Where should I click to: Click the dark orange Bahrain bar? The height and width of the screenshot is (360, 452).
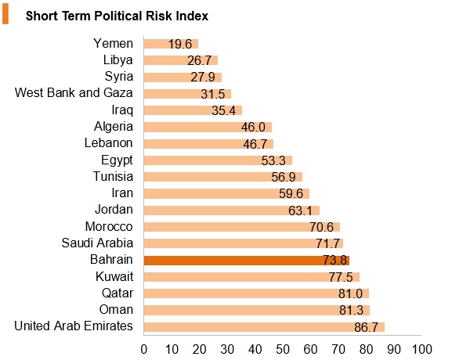(247, 261)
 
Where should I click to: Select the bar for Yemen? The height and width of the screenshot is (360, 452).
(171, 44)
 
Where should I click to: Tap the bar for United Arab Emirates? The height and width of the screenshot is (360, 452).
(264, 327)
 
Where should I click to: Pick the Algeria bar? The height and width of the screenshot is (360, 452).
(208, 127)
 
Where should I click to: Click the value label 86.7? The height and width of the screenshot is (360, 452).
(366, 327)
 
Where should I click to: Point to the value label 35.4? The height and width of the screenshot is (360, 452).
(224, 110)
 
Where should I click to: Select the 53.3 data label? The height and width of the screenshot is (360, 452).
(273, 160)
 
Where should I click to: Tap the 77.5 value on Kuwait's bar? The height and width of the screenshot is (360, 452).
(341, 277)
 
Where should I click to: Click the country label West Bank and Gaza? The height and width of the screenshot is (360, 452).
(74, 92)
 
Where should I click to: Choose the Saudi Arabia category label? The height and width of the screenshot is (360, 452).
(97, 243)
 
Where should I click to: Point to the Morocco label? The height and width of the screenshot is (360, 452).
(109, 226)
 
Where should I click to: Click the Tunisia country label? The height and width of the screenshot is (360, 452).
(113, 176)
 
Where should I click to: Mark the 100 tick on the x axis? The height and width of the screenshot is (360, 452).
(422, 349)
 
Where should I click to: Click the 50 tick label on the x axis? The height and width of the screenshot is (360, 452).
(283, 349)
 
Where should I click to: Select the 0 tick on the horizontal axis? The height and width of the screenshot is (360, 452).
(144, 349)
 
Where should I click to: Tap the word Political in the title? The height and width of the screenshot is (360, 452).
(118, 16)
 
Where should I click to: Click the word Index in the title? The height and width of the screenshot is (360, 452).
(192, 16)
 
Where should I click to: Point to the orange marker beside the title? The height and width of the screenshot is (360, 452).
(5, 15)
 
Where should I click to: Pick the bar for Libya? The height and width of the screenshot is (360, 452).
(181, 60)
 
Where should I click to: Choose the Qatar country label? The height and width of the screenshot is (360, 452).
(118, 293)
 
